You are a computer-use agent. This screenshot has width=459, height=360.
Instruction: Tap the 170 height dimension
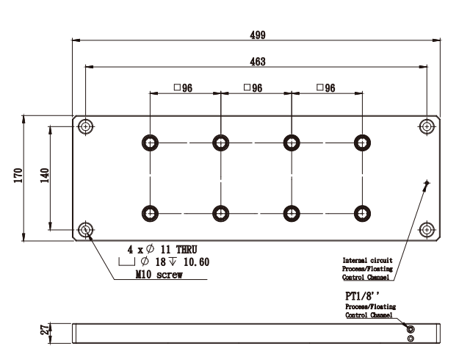coord(18,177)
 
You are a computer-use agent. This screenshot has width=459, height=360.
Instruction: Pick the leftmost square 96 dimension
coord(183,88)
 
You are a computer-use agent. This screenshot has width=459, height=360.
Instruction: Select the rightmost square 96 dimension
coord(325,88)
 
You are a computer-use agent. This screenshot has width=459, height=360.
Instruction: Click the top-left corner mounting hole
coord(87,126)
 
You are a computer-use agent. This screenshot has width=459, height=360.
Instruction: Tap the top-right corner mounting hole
coord(426,126)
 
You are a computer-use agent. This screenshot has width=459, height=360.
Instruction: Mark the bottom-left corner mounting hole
coord(87,230)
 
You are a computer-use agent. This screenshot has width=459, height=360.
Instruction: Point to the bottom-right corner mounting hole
coord(426,230)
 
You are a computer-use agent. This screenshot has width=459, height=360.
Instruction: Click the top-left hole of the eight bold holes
coord(151,142)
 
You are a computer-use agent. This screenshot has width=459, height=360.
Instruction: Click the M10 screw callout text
coord(158,276)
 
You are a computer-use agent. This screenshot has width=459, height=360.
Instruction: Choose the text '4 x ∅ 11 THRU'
coord(162,250)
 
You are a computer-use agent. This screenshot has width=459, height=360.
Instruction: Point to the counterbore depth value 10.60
coord(197,262)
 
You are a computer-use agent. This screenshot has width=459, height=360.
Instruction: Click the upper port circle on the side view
coord(411,330)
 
